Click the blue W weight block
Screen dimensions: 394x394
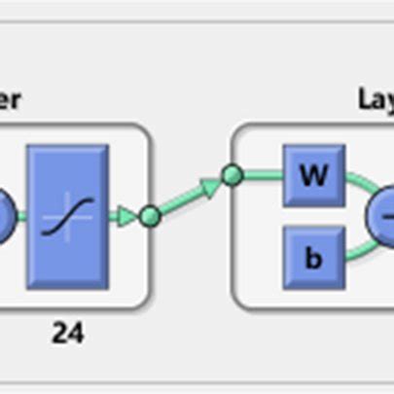313,176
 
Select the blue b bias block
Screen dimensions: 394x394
313,258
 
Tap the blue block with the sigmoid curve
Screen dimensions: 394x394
68,215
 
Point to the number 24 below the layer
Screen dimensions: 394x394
67,334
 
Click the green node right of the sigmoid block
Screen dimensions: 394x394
149,216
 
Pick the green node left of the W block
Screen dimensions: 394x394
232,176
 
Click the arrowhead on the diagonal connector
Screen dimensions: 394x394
208,186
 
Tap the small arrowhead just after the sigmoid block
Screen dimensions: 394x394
125,215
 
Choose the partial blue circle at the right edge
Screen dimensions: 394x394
382,217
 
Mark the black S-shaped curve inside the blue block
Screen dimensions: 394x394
68,215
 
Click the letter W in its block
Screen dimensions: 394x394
313,176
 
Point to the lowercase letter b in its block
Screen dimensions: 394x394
313,258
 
